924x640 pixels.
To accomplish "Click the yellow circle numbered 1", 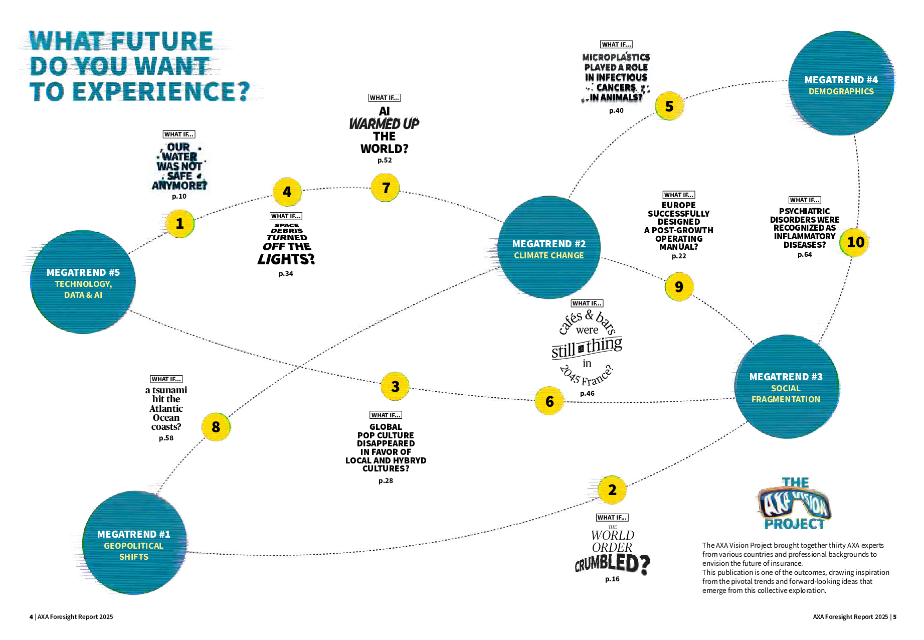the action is pos(180,224).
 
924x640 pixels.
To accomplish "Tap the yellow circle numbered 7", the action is pos(386,188).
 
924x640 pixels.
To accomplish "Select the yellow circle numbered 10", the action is pos(855,242).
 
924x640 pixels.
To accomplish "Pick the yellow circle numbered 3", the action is pos(395,386).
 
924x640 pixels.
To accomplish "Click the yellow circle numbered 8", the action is pos(216,427).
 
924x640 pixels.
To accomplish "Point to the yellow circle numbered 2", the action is pos(612,490).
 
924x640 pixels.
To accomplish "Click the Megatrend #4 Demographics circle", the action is pos(841,84).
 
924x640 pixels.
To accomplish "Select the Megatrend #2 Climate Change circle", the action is pos(549,248).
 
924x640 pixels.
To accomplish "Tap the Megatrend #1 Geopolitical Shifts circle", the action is pos(134,543).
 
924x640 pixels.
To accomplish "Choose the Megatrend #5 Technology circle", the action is pos(83,282).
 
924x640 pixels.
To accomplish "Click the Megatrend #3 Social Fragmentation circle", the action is pos(786,387).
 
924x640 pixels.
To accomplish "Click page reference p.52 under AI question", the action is pos(385,161).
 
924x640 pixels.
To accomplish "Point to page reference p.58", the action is pos(166,438).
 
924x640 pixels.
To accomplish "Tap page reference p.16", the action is pos(612,579).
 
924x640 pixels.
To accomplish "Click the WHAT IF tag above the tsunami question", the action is pos(166,379).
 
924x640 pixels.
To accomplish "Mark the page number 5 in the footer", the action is pos(894,617).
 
